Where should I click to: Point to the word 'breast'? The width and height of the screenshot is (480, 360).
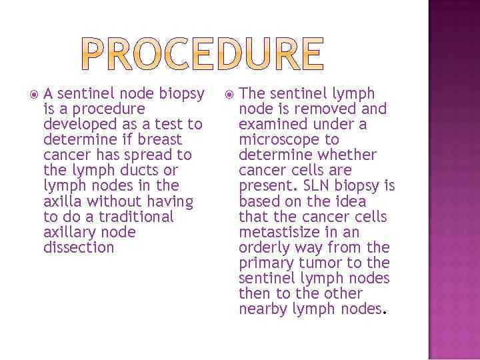point(158,140)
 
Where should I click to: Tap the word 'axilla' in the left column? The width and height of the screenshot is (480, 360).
point(61,201)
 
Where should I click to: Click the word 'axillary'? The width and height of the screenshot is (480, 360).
point(67,232)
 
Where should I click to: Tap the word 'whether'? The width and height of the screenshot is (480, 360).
point(347,155)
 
